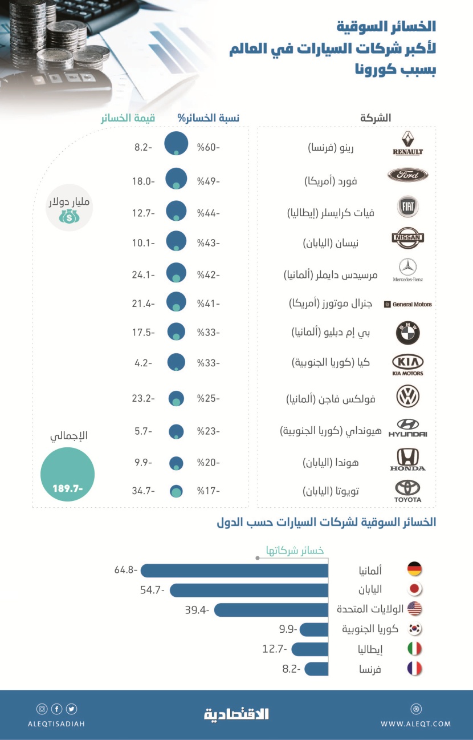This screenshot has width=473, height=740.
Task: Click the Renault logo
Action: [x=407, y=143]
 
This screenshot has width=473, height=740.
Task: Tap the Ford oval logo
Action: [x=407, y=175]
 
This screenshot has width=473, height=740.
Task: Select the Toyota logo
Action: [x=407, y=491]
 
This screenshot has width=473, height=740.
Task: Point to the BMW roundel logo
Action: [x=407, y=333]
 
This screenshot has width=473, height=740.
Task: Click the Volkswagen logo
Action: [x=407, y=396]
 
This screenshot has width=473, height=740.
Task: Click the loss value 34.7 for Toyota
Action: [x=142, y=491]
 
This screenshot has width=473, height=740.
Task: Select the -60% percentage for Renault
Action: [x=209, y=148]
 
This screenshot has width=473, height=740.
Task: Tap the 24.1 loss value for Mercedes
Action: [x=142, y=274]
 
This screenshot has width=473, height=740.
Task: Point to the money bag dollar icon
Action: [x=68, y=216]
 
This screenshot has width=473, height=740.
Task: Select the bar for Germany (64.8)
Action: [x=235, y=570]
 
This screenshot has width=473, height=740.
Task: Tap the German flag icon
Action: [x=414, y=569]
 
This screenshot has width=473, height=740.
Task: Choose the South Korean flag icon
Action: [x=414, y=629]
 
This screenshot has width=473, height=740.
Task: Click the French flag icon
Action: [x=414, y=669]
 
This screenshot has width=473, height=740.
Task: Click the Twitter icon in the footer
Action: [x=71, y=709]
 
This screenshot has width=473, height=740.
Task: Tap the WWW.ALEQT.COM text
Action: [x=415, y=723]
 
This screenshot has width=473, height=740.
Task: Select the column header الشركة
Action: [x=376, y=118]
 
